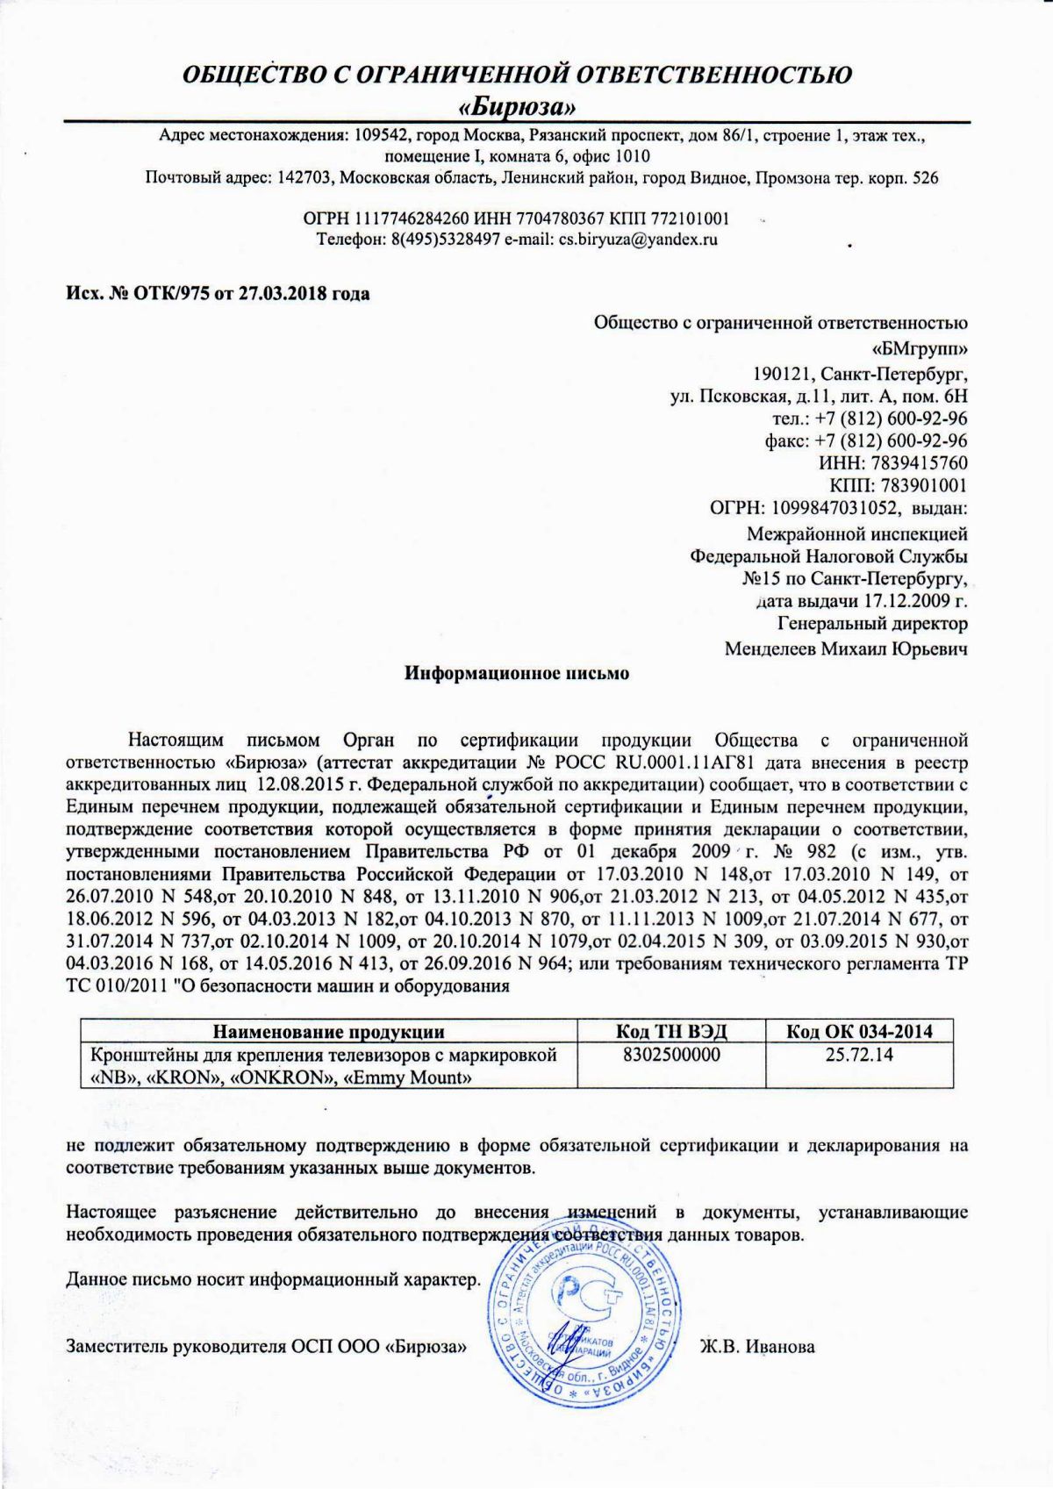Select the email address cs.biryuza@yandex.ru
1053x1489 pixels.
tap(639, 239)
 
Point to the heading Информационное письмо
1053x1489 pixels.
tap(517, 674)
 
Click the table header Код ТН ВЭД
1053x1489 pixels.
tap(672, 1031)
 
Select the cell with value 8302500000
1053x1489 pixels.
tap(671, 1054)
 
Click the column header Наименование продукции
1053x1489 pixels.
tap(329, 1031)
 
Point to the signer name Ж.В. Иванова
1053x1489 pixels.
tap(757, 1346)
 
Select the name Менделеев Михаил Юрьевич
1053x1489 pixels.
tap(846, 649)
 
